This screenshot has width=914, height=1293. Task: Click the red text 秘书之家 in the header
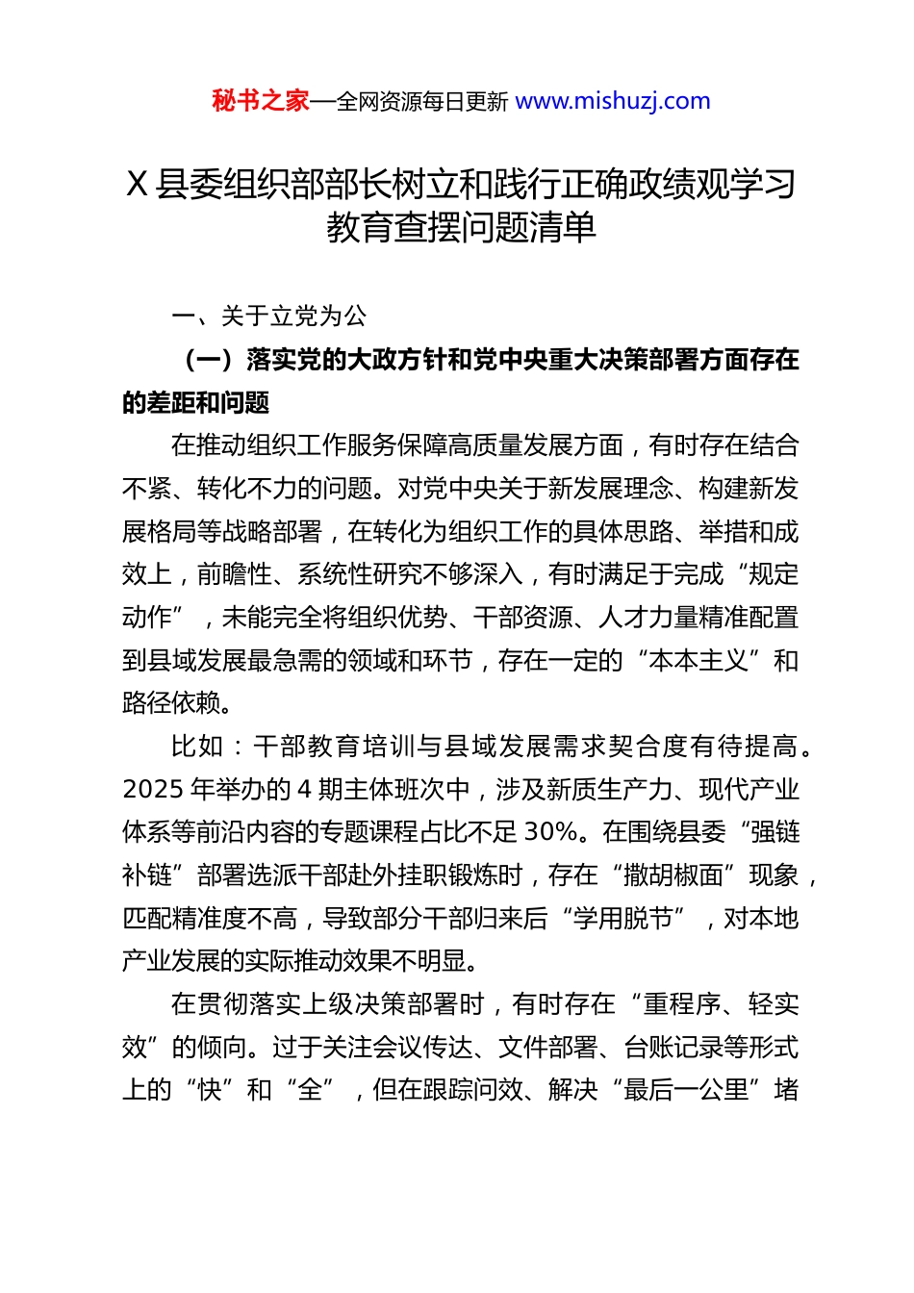[261, 101]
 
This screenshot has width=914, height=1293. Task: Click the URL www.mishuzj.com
[613, 101]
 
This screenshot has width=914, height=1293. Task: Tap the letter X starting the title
[137, 184]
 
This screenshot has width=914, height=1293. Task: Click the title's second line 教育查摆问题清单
[461, 227]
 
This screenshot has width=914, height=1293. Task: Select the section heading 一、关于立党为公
[269, 316]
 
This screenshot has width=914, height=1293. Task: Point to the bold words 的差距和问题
[196, 402]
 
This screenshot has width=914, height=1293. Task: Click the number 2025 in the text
[153, 790]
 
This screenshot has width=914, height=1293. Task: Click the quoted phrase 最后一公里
[686, 1090]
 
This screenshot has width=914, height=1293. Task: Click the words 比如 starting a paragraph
[196, 747]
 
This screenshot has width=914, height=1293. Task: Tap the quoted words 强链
[774, 832]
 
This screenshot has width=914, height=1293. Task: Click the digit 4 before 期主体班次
[304, 790]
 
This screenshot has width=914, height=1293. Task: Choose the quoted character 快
[210, 1090]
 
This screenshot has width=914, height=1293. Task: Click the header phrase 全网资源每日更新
[422, 102]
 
